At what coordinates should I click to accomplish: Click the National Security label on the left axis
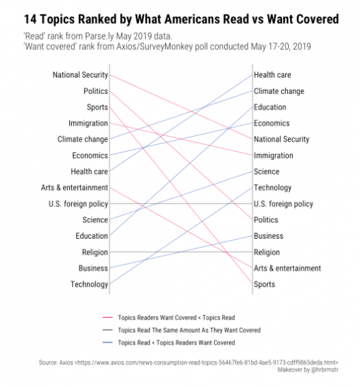(x=80, y=75)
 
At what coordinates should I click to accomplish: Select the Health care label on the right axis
(x=272, y=75)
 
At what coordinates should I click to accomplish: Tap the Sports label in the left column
(x=97, y=107)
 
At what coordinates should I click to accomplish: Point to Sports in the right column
(x=264, y=284)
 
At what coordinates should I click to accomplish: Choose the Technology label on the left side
(x=89, y=284)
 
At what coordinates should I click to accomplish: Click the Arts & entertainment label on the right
(x=287, y=268)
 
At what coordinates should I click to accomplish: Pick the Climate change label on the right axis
(x=279, y=91)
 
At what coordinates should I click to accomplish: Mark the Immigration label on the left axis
(x=88, y=123)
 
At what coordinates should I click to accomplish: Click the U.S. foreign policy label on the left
(x=78, y=204)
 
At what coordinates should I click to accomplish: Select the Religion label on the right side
(x=267, y=253)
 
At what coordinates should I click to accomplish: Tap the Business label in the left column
(x=93, y=268)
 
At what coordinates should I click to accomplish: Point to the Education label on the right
(x=270, y=107)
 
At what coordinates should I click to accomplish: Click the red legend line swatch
(x=108, y=318)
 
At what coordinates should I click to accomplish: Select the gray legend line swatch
(x=108, y=330)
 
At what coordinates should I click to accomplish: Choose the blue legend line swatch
(x=108, y=342)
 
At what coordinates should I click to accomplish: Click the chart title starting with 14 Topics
(x=182, y=19)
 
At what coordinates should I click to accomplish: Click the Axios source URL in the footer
(x=206, y=362)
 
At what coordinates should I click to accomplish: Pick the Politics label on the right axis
(x=266, y=220)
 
